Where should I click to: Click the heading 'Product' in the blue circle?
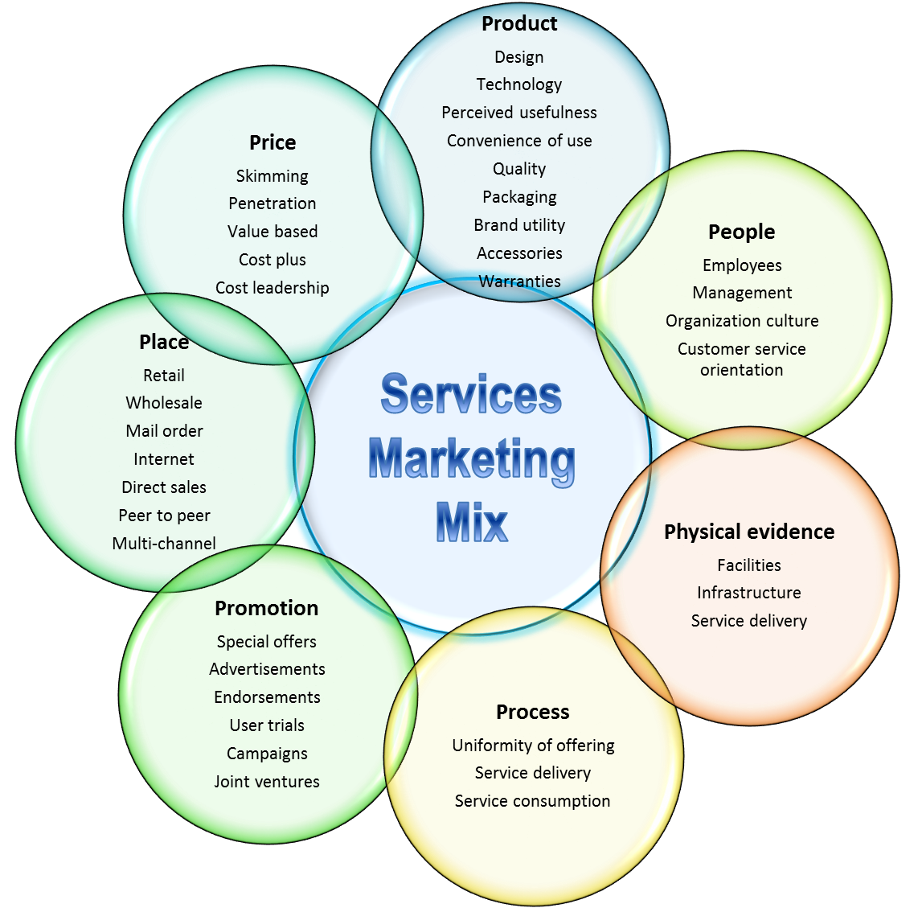(519, 24)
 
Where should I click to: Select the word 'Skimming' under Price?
(273, 176)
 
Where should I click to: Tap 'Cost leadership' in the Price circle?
(273, 288)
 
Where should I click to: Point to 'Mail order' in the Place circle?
(164, 431)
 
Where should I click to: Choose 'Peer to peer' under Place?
(164, 516)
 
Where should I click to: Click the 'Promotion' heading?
(267, 608)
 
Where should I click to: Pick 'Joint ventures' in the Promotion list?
(267, 782)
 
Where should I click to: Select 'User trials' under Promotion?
(267, 725)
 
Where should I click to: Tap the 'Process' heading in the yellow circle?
(533, 712)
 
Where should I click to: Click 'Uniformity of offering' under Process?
(533, 746)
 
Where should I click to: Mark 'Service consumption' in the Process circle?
(533, 801)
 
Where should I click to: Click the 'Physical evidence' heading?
(749, 532)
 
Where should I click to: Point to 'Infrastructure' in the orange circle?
(749, 593)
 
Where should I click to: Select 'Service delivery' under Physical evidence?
(749, 621)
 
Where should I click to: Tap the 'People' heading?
(742, 232)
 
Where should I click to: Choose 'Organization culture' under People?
(742, 321)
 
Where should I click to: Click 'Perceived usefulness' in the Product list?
(519, 113)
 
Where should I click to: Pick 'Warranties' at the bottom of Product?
(519, 281)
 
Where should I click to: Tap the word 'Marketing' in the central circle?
(472, 459)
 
